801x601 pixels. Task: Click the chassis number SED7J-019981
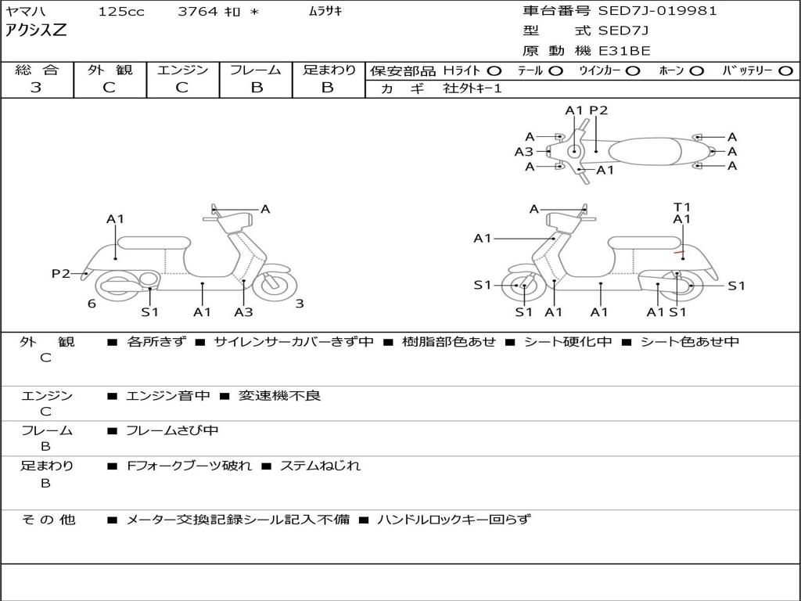click(x=657, y=11)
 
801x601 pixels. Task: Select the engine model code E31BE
click(x=624, y=51)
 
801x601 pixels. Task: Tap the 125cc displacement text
click(x=121, y=11)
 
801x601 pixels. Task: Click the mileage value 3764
click(x=198, y=11)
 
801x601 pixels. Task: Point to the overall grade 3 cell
click(x=36, y=88)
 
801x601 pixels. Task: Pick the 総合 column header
click(x=36, y=70)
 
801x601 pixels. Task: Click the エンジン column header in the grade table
click(x=182, y=70)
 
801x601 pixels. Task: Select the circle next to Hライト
click(x=494, y=71)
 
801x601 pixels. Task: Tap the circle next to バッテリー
click(x=785, y=71)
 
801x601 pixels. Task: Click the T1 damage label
click(x=682, y=207)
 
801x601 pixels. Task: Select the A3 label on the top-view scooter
click(x=523, y=152)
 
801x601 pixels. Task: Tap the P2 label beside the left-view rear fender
click(x=61, y=273)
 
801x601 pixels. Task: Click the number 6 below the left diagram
click(x=92, y=304)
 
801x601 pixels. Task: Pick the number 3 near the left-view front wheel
click(x=299, y=304)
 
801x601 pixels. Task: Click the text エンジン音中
click(x=168, y=396)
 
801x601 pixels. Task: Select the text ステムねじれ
click(x=320, y=466)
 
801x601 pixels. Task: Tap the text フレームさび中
click(x=172, y=430)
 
